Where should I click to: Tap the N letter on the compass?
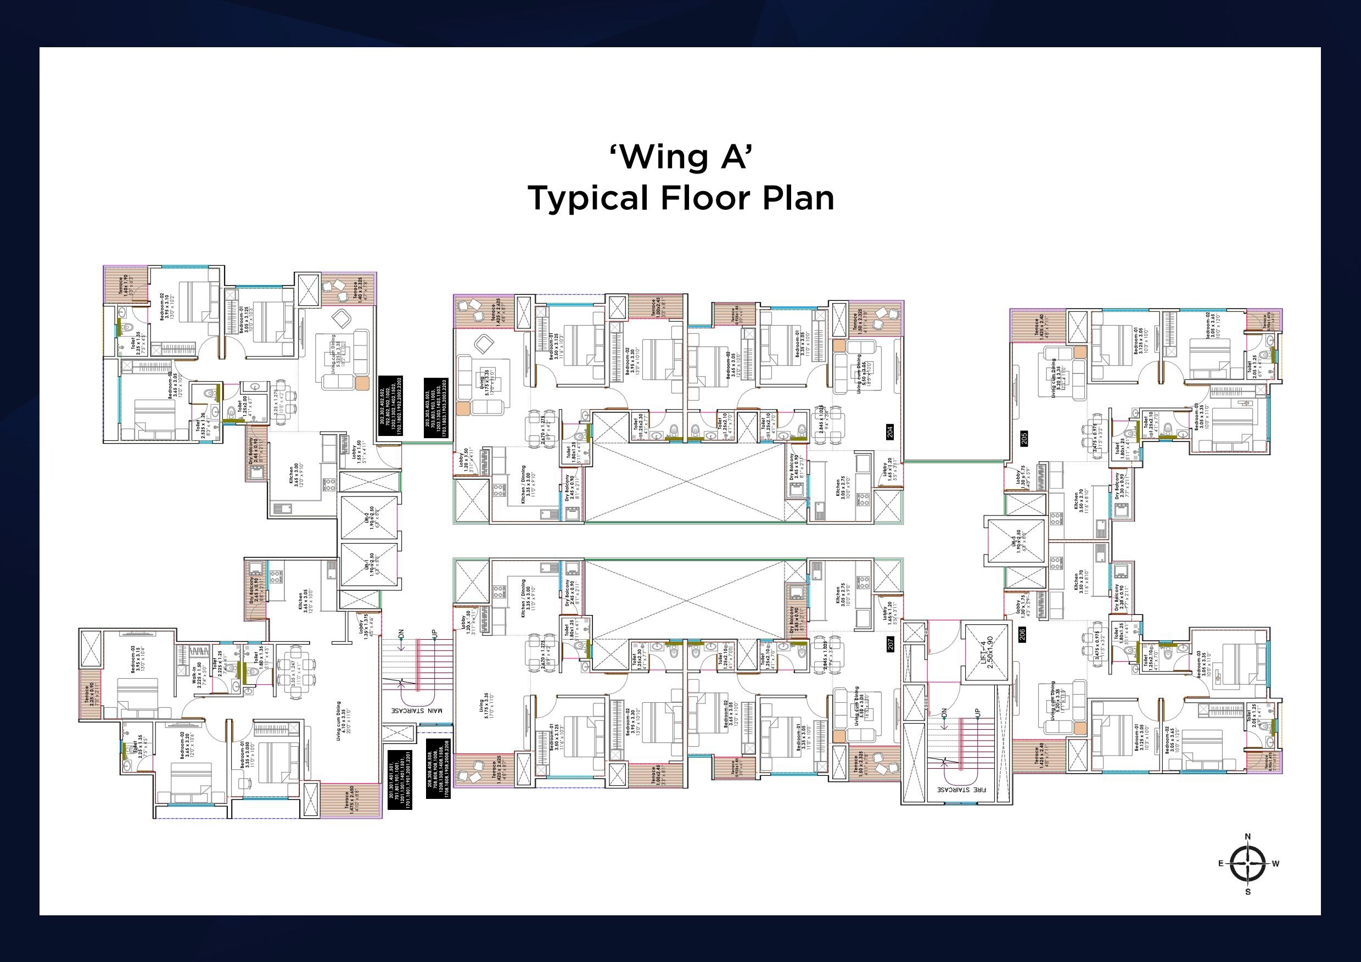pyautogui.click(x=1248, y=836)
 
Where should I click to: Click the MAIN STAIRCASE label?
pyautogui.click(x=416, y=709)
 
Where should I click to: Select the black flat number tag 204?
pyautogui.click(x=890, y=432)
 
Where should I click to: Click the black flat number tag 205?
pyautogui.click(x=1024, y=439)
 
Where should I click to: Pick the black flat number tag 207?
pyautogui.click(x=890, y=644)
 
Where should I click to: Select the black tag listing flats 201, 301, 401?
pyautogui.click(x=400, y=780)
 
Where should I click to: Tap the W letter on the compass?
pyautogui.click(x=1275, y=864)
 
